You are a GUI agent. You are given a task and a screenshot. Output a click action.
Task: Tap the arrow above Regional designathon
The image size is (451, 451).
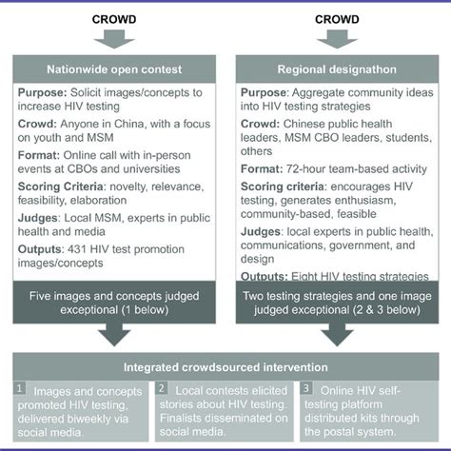tap(335, 38)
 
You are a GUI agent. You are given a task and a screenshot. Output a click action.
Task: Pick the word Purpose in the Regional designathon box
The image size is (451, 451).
tap(266, 94)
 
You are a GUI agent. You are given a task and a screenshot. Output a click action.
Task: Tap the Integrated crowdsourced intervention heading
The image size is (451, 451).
tap(225, 366)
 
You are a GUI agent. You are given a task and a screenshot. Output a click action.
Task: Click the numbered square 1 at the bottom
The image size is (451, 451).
tap(18, 389)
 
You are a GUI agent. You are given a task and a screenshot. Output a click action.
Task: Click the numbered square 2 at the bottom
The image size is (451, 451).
tap(162, 389)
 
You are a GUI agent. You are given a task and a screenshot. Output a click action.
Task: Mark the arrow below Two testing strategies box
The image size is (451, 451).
tap(335, 334)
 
